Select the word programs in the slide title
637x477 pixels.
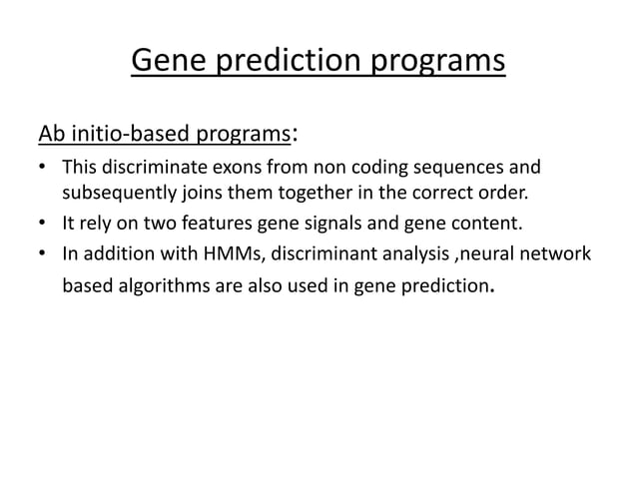click(439, 62)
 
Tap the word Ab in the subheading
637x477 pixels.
click(50, 134)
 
